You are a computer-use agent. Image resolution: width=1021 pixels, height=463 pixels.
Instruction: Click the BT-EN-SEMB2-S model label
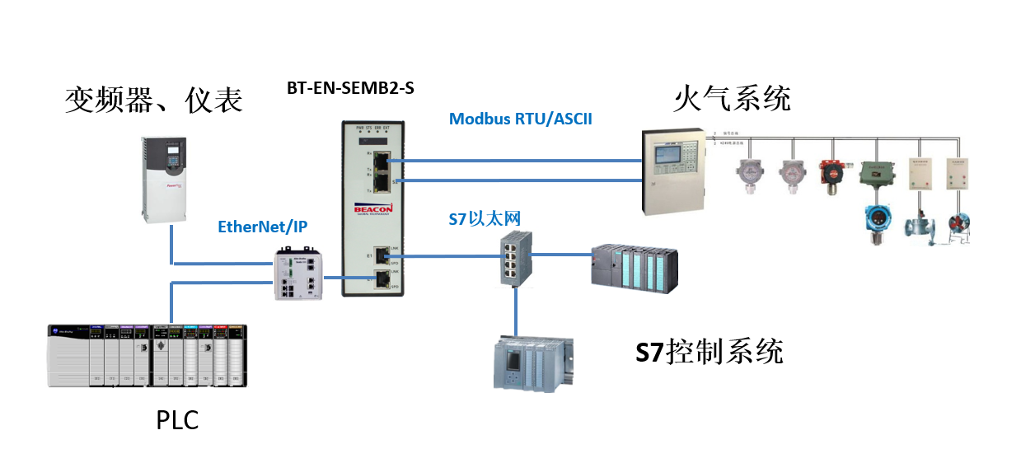350,88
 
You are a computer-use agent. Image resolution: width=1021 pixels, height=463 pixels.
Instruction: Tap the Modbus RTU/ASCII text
520,119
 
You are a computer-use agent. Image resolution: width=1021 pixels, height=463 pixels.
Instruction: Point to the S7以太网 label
485,218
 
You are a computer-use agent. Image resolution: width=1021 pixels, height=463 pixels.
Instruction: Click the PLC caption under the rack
177,420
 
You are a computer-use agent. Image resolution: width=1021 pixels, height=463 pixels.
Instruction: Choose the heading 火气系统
732,98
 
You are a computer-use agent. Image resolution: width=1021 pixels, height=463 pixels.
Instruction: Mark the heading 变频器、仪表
154,100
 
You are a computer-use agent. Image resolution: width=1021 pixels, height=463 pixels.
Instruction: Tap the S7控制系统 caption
709,352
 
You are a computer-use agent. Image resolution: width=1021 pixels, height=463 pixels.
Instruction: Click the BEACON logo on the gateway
377,209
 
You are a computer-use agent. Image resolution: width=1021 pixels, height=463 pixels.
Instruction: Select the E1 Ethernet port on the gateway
381,256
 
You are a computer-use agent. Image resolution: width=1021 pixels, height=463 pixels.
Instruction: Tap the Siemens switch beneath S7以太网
515,258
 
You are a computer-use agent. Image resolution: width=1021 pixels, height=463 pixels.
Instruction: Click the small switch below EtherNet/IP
297,275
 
